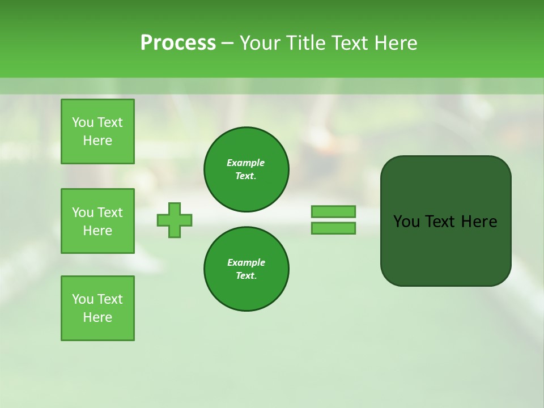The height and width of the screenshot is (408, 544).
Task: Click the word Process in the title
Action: tap(178, 43)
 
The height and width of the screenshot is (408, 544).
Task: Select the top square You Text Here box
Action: tap(97, 131)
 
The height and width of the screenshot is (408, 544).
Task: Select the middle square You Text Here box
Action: tap(97, 221)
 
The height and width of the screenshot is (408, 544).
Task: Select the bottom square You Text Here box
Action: tap(97, 308)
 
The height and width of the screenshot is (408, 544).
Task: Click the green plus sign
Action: tap(175, 220)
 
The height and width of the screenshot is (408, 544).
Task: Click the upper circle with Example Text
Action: tap(246, 169)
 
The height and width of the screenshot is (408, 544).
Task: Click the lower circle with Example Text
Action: tap(246, 269)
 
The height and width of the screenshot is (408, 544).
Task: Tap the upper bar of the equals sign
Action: tap(333, 211)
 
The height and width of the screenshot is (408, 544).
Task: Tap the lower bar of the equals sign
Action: tap(333, 228)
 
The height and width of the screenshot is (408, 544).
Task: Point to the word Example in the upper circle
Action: tap(246, 163)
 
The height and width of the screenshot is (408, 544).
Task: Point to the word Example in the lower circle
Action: tap(246, 262)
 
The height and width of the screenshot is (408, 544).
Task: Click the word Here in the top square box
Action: tap(97, 141)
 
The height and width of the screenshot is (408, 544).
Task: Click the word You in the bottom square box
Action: tap(83, 299)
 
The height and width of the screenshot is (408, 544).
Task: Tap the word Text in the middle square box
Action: tap(109, 212)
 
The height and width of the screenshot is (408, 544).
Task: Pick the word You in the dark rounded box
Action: tap(406, 222)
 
